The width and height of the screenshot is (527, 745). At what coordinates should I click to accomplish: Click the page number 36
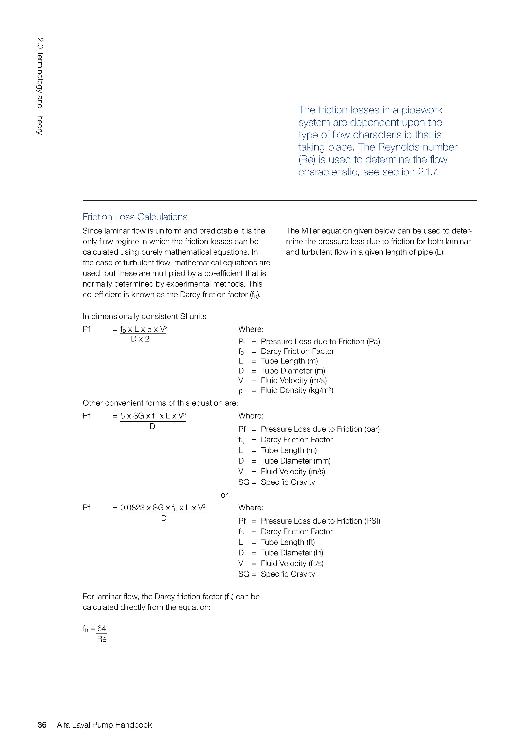pyautogui.click(x=42, y=725)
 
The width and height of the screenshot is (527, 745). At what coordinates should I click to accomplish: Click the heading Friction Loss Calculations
pyautogui.click(x=135, y=217)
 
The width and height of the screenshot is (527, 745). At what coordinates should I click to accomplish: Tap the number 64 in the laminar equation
pyautogui.click(x=102, y=628)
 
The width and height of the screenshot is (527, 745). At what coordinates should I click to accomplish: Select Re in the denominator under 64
pyautogui.click(x=102, y=639)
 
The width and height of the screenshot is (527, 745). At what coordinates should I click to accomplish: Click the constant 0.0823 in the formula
pyautogui.click(x=133, y=508)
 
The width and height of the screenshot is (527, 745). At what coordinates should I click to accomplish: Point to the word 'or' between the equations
pyautogui.click(x=224, y=495)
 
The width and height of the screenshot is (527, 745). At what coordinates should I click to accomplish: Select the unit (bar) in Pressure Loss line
pyautogui.click(x=372, y=429)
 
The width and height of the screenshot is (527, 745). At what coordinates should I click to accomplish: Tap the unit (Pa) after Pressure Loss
pyautogui.click(x=373, y=341)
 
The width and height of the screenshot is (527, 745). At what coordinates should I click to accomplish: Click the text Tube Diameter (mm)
pyautogui.click(x=296, y=461)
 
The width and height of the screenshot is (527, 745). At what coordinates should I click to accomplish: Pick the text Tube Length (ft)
pyautogui.click(x=288, y=542)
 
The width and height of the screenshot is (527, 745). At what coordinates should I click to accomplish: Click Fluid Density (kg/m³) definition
pyautogui.click(x=297, y=390)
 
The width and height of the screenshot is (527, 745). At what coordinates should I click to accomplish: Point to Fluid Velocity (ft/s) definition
pyautogui.click(x=292, y=563)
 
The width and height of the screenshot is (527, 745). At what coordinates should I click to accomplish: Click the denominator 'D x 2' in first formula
pyautogui.click(x=140, y=339)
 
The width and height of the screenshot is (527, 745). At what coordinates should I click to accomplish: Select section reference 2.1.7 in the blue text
pyautogui.click(x=428, y=172)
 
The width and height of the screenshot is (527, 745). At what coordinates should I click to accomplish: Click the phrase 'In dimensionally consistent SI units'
pyautogui.click(x=144, y=316)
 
